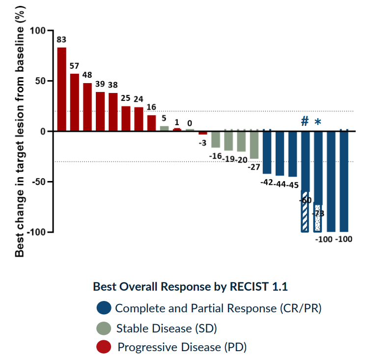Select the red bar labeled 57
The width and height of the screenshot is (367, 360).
[x=75, y=102]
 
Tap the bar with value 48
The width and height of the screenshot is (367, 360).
[x=87, y=107]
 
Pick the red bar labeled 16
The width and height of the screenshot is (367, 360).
[x=151, y=123]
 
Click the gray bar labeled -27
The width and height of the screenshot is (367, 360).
[x=254, y=145]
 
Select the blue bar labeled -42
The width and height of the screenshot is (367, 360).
[x=267, y=152]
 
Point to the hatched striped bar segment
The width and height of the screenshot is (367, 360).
[x=305, y=211]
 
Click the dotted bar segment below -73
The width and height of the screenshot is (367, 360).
[x=318, y=219]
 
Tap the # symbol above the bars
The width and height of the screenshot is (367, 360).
[x=305, y=121]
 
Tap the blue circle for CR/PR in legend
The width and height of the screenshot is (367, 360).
[x=104, y=308]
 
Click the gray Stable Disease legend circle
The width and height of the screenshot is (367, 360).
[x=104, y=328]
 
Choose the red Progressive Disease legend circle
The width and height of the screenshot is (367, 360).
[x=104, y=347]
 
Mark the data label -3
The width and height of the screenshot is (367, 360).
[x=202, y=143]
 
